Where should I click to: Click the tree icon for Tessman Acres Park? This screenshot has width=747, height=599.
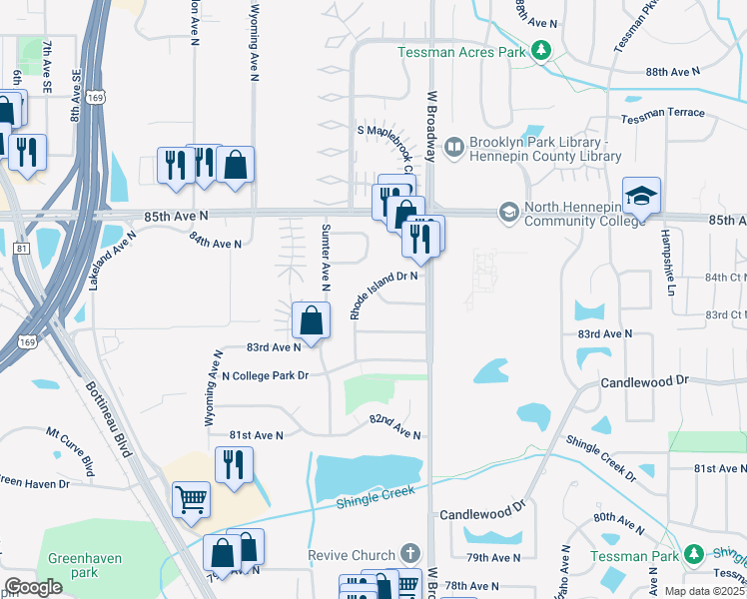coord(540,51)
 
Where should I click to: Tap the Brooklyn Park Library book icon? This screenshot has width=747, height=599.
coord(453,148)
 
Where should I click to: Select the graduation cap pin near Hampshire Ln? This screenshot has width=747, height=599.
coord(641,196)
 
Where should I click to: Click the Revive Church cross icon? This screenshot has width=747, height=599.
coord(408,553)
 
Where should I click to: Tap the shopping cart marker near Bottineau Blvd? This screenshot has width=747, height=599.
coord(191,500)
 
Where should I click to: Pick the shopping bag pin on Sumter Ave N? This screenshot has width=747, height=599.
coord(312,321)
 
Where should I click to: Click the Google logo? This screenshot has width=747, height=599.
coord(33,587)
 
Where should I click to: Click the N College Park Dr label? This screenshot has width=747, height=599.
coord(266,375)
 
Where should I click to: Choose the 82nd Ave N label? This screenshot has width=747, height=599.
coord(395,427)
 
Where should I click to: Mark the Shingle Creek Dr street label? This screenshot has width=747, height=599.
coord(600,458)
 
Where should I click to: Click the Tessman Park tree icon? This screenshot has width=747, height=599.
coord(694,554)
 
